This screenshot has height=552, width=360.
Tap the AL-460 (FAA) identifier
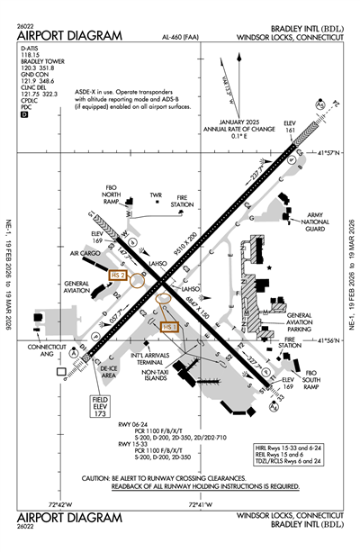coord(181,39)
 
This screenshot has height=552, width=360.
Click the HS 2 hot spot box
coord(117,274)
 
